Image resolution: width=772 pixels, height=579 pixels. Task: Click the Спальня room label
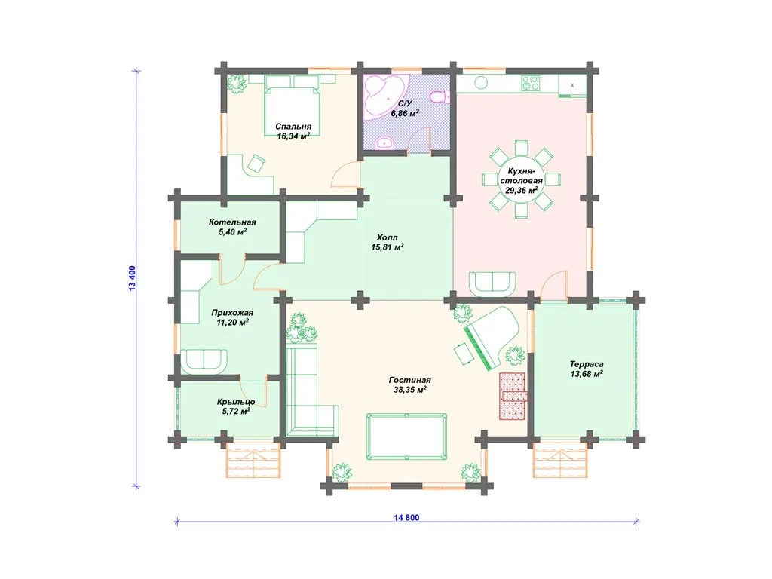pyautogui.click(x=293, y=127)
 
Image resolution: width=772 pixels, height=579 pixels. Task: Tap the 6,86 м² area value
pyautogui.click(x=405, y=113)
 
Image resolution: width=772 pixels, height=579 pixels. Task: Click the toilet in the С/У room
pyautogui.click(x=440, y=96)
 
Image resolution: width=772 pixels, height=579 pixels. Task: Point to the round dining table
pyautogui.click(x=522, y=179)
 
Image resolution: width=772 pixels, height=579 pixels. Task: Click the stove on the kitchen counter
pyautogui.click(x=531, y=83)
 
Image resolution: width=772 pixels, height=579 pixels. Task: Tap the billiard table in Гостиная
pyautogui.click(x=406, y=437)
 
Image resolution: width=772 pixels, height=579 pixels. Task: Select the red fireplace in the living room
pyautogui.click(x=513, y=397)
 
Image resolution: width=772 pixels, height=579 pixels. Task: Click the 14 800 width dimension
pyautogui.click(x=406, y=517)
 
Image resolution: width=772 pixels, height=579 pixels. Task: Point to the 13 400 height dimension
pyautogui.click(x=132, y=278)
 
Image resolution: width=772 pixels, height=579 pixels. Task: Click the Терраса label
pyautogui.click(x=587, y=364)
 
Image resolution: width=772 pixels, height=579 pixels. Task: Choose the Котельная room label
pyautogui.click(x=232, y=222)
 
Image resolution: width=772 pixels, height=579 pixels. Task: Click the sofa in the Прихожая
pyautogui.click(x=204, y=362)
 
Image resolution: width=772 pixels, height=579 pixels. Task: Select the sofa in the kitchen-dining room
pyautogui.click(x=492, y=284)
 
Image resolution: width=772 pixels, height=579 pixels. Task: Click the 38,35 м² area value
pyautogui.click(x=409, y=390)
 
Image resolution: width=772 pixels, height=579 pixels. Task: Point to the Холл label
pyautogui.click(x=387, y=237)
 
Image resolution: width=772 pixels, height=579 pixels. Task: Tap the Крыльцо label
pyautogui.click(x=236, y=402)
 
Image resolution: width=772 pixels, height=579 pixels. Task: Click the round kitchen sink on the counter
pyautogui.click(x=481, y=83)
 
